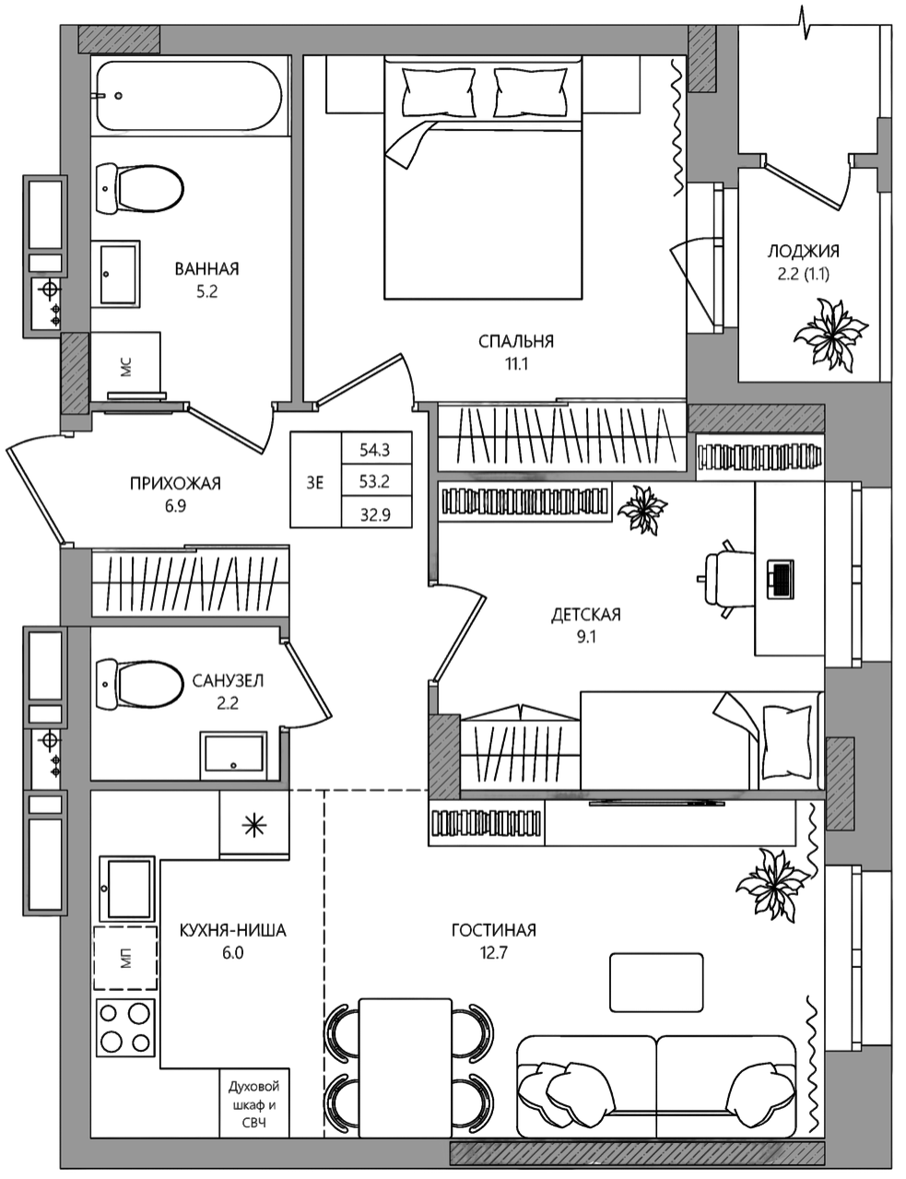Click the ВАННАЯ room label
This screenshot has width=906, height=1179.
[206, 269]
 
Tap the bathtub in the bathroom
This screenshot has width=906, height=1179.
[189, 96]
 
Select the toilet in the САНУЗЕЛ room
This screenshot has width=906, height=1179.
[139, 684]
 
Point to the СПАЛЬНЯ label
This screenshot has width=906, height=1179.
[516, 341]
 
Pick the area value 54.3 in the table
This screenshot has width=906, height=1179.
[375, 450]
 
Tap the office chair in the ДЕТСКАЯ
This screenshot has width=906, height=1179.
[726, 578]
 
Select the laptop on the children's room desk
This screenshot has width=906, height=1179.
[780, 579]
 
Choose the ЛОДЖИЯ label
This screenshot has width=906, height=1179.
[803, 252]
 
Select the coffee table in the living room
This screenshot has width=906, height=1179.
[656, 983]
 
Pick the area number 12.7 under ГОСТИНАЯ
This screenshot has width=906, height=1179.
[494, 953]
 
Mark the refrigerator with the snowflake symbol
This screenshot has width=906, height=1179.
[254, 825]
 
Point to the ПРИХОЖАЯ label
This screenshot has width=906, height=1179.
[176, 483]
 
